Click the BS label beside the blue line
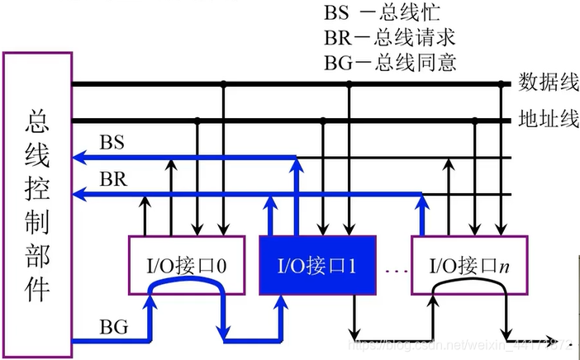tap(112, 143)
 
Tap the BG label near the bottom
tap(113, 326)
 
